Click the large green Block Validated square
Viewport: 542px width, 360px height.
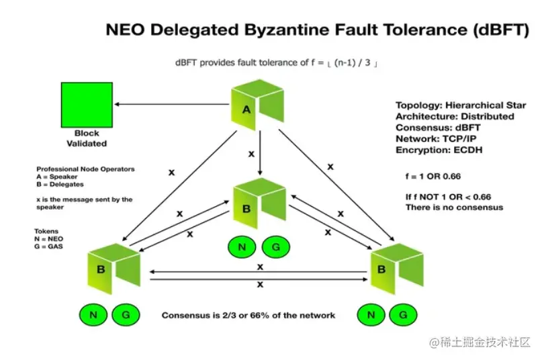[x=87, y=104]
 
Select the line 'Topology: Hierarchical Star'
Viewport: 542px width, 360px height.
[x=461, y=105]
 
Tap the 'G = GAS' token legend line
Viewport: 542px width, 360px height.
[x=50, y=245]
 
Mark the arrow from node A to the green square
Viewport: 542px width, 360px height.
[x=171, y=104]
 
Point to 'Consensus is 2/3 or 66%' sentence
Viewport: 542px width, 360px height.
[x=249, y=315]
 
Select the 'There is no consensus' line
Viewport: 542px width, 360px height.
[x=454, y=208]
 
